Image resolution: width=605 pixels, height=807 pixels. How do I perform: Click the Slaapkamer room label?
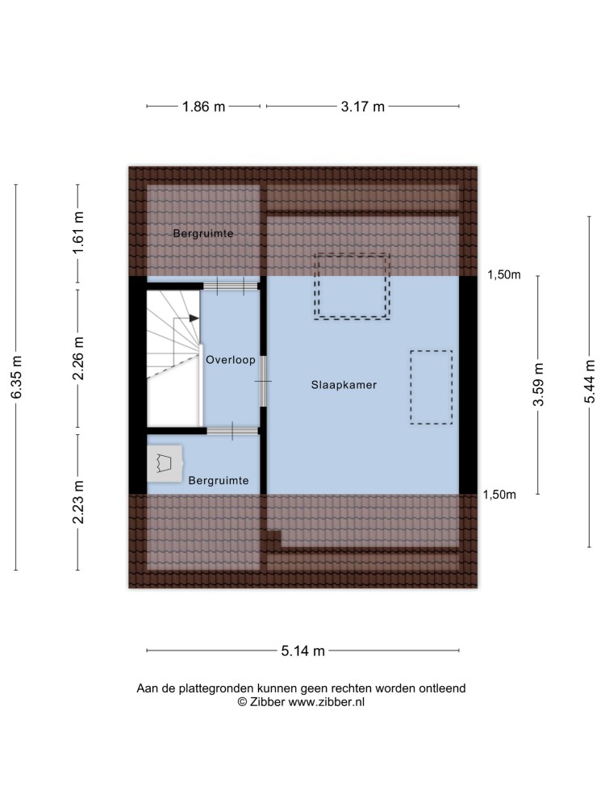(x=344, y=385)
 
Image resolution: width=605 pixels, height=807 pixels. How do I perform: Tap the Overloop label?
(x=231, y=360)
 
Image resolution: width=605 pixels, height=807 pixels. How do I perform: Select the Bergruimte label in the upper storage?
(x=203, y=234)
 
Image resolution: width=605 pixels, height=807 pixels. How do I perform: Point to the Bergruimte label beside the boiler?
(x=219, y=481)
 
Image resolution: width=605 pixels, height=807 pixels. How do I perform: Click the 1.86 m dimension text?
(x=204, y=107)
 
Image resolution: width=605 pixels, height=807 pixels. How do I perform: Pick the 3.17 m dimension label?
(x=363, y=107)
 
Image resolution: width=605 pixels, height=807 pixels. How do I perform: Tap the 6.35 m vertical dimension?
(x=16, y=377)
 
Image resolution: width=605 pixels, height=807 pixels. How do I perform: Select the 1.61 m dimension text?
(x=78, y=232)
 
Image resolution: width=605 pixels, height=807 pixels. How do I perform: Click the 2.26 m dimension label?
(x=78, y=359)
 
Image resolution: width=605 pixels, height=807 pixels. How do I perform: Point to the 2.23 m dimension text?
(x=78, y=502)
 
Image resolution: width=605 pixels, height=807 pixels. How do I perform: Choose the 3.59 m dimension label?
(x=538, y=384)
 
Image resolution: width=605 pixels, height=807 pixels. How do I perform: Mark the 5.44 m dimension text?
(x=590, y=382)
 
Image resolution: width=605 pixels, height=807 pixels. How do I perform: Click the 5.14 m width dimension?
(x=303, y=651)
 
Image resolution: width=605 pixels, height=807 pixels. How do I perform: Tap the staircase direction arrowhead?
(x=194, y=319)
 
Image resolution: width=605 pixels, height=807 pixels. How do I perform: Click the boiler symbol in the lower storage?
(x=165, y=464)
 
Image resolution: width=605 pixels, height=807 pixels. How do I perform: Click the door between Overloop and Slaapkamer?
(x=263, y=382)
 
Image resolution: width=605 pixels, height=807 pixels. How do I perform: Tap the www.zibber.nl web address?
(x=326, y=702)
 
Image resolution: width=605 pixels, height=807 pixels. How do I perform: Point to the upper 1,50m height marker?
(x=504, y=275)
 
